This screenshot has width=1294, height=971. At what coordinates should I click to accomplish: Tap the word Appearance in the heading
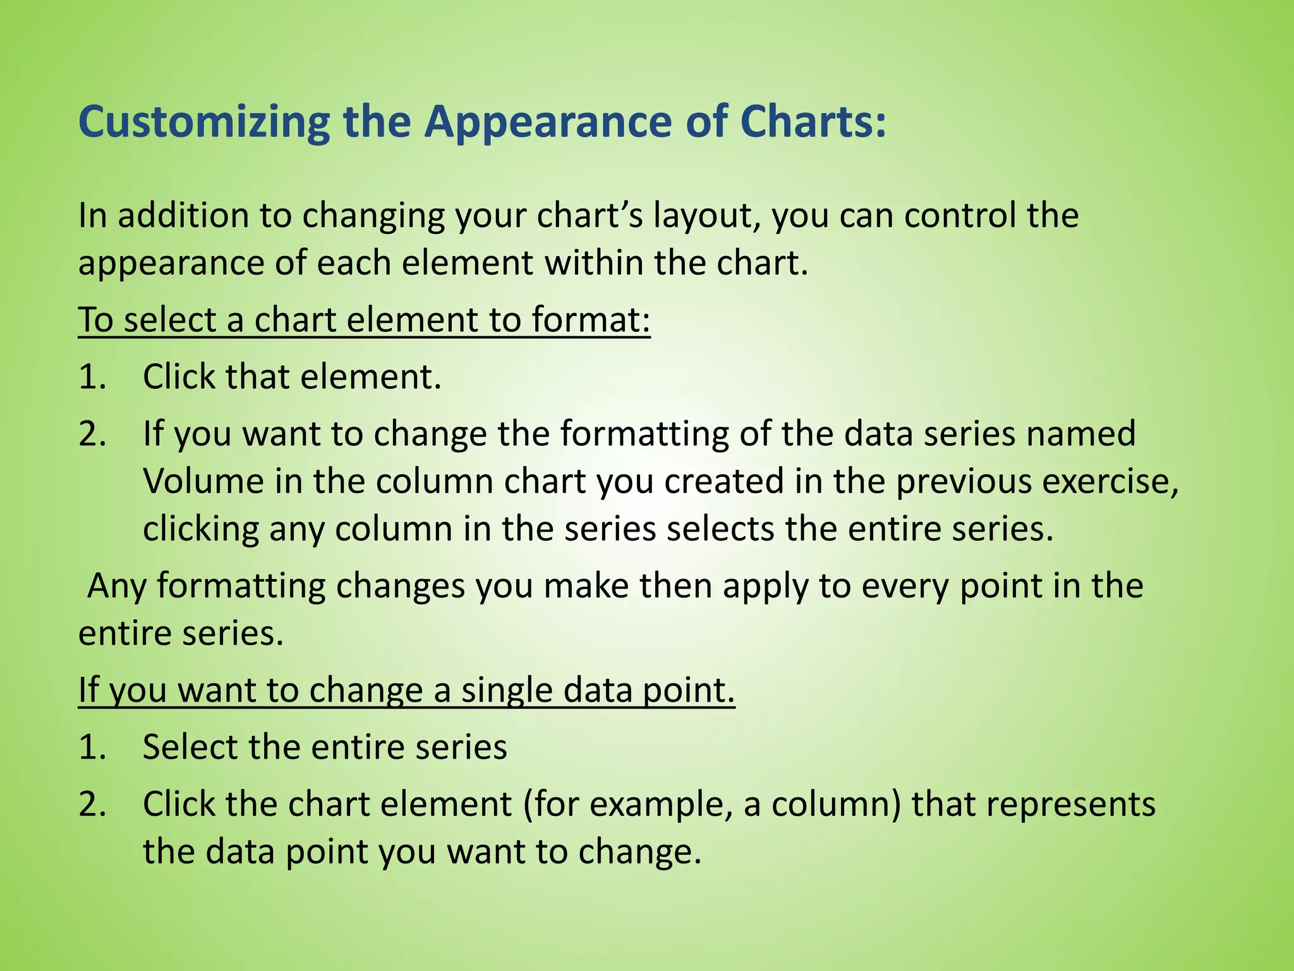pyautogui.click(x=548, y=121)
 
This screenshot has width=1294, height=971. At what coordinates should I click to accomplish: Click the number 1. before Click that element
pyautogui.click(x=93, y=377)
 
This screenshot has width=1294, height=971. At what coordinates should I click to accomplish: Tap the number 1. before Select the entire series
pyautogui.click(x=93, y=747)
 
